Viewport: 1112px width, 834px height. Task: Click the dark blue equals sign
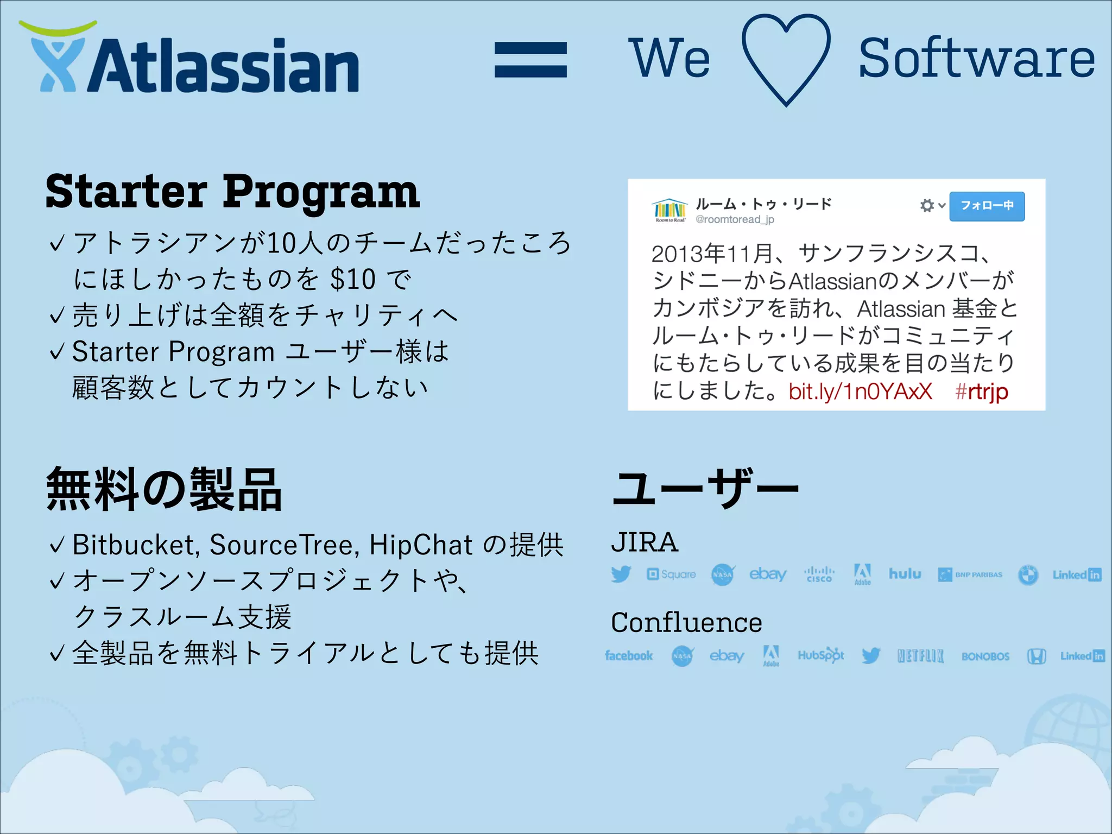530,60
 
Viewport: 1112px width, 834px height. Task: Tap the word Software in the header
976,59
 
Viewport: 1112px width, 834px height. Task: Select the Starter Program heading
232,192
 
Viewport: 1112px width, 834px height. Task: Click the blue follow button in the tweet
987,206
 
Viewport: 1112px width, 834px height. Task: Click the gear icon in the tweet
927,206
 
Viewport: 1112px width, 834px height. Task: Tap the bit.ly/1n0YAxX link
860,391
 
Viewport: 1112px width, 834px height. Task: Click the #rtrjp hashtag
981,391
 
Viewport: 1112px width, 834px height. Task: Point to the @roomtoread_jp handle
735,219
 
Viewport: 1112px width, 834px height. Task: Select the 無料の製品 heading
164,490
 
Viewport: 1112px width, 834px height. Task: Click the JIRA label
645,542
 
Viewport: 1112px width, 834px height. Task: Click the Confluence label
686,623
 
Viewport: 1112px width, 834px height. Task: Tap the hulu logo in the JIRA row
905,574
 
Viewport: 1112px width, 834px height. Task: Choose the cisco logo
819,574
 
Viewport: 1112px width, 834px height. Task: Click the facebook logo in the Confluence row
628,656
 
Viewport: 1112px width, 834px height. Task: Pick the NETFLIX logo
920,656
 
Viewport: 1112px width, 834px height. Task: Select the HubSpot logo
820,655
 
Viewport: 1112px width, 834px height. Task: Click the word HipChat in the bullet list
421,545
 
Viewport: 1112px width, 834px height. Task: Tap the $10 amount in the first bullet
353,280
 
